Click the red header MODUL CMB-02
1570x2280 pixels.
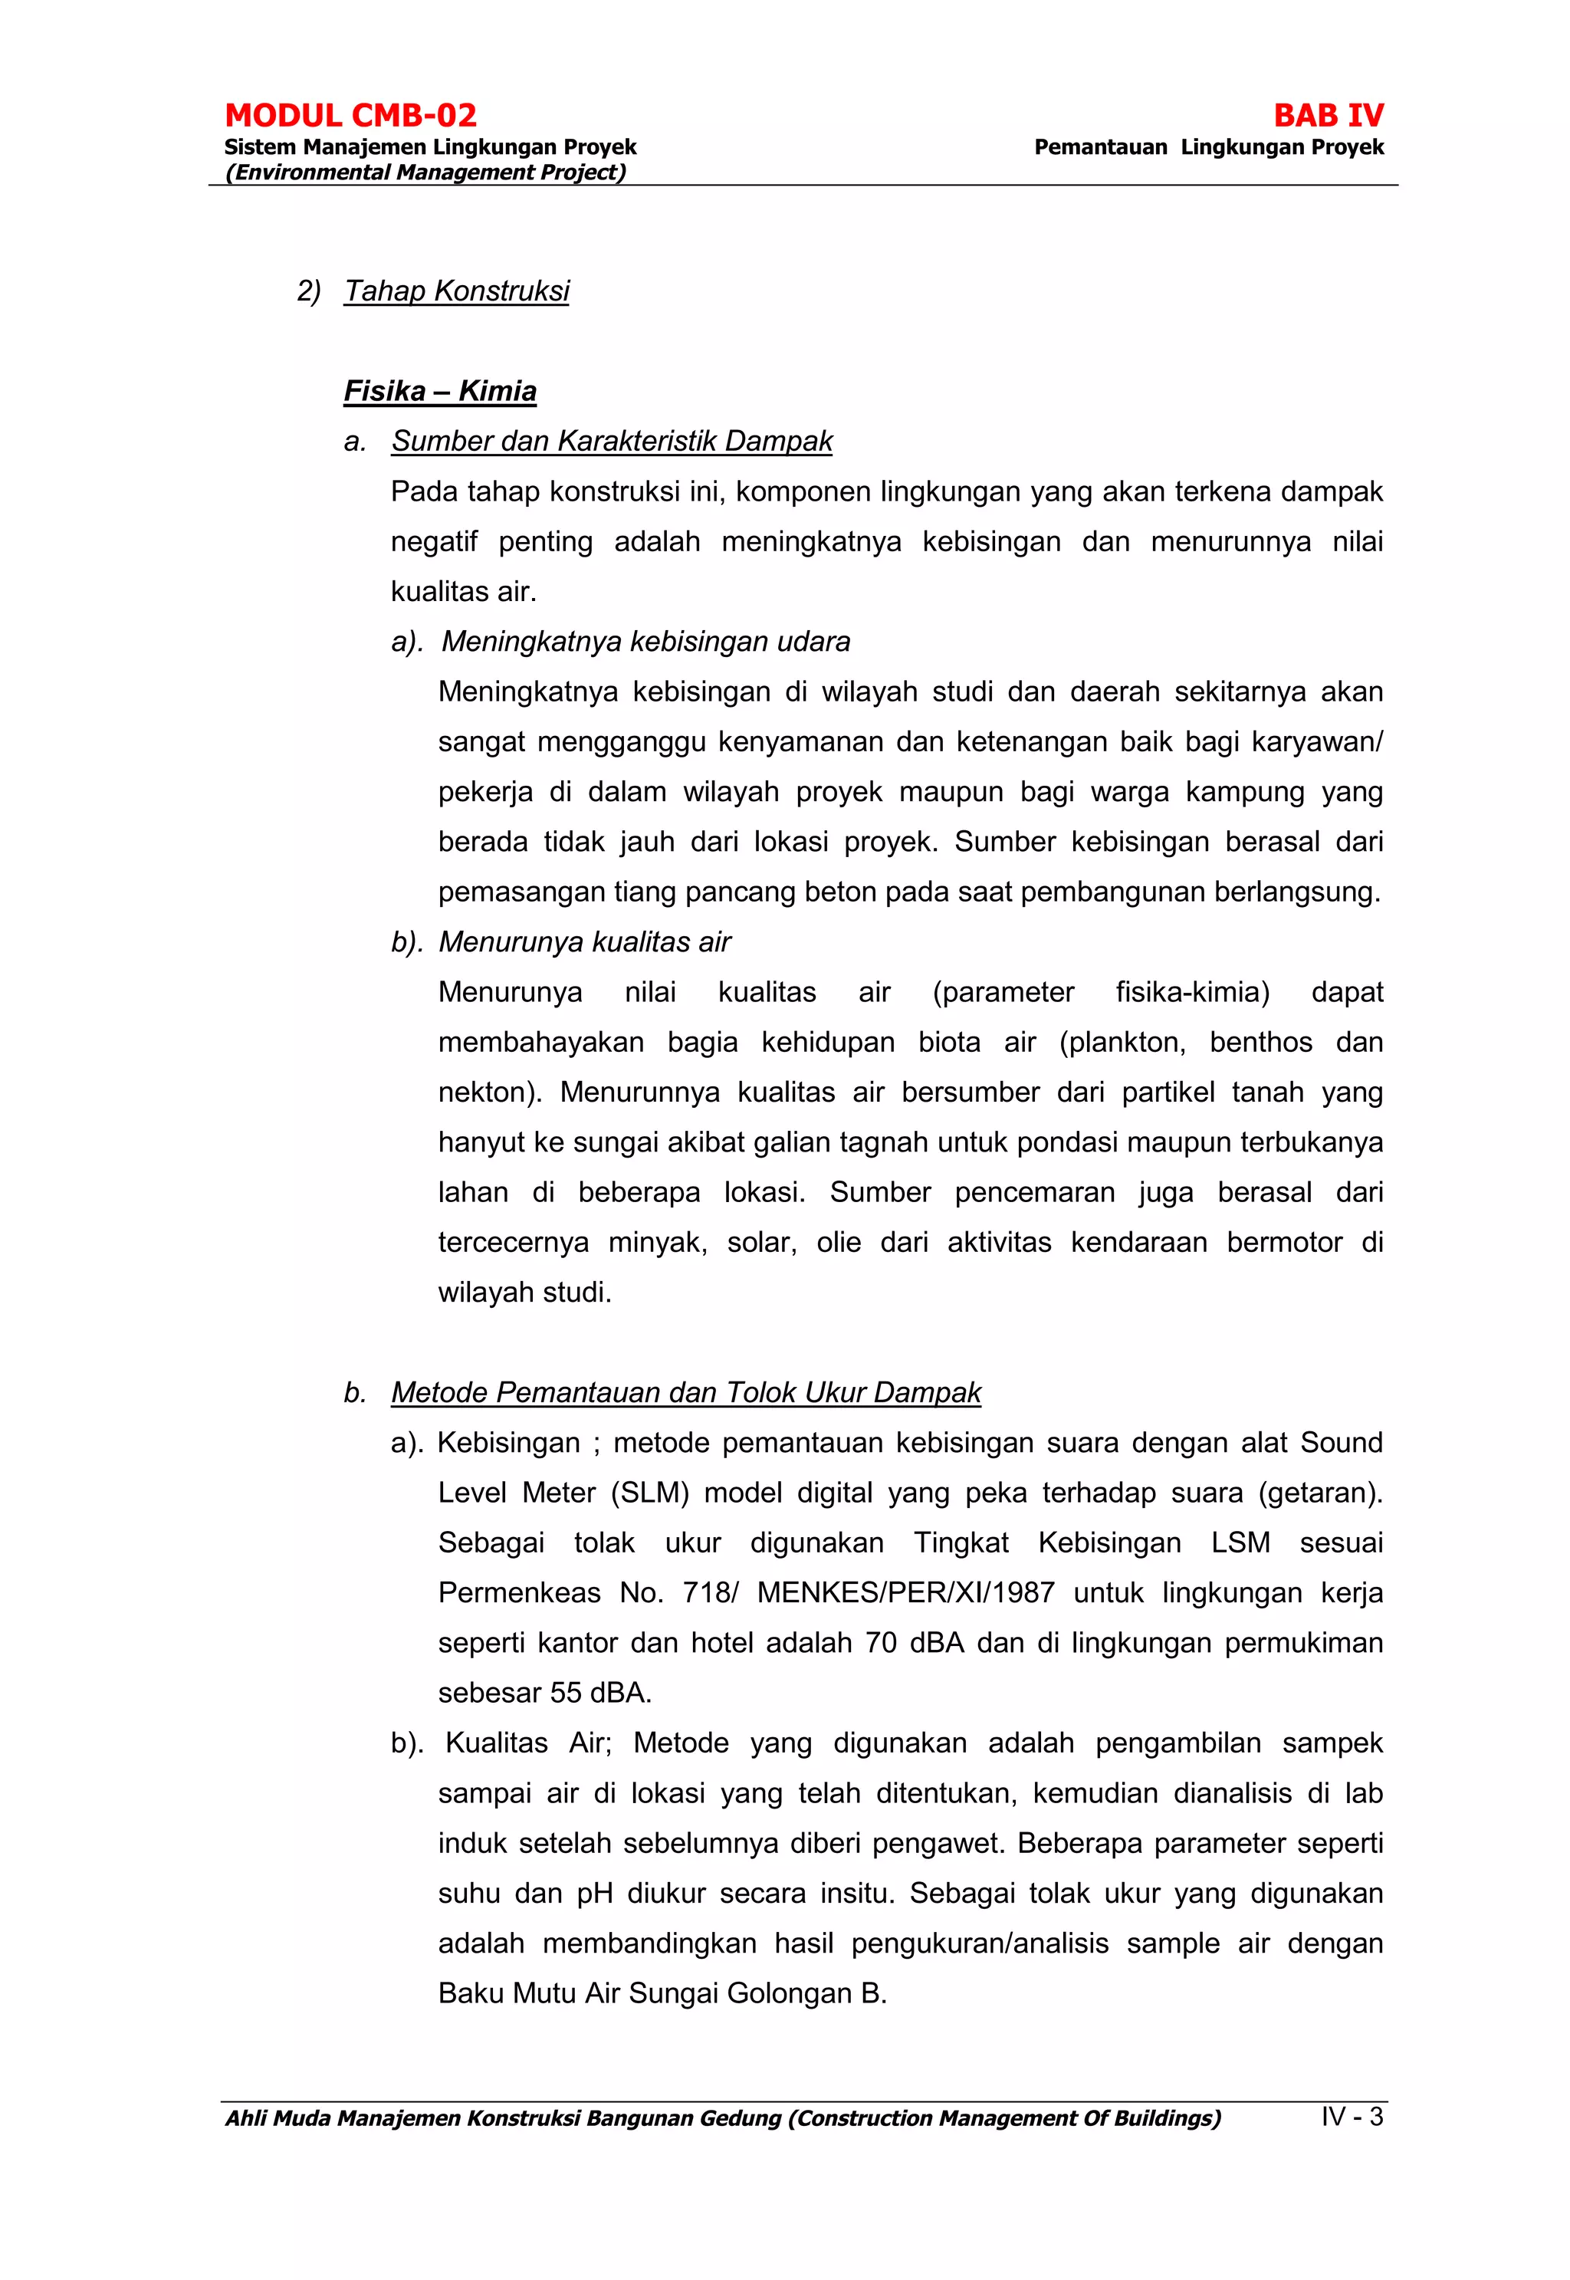tap(350, 116)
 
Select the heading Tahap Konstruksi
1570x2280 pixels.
tap(456, 291)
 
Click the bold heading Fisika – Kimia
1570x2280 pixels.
tap(440, 392)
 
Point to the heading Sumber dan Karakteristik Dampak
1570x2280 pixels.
tap(611, 442)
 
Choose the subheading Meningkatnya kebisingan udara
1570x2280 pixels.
tap(645, 642)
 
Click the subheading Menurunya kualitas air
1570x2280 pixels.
tap(584, 942)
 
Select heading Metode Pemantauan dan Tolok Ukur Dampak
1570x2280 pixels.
tap(685, 1393)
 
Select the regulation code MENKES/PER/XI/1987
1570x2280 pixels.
tap(905, 1592)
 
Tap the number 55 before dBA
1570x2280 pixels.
tap(566, 1693)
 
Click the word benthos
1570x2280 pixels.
tap(1260, 1043)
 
